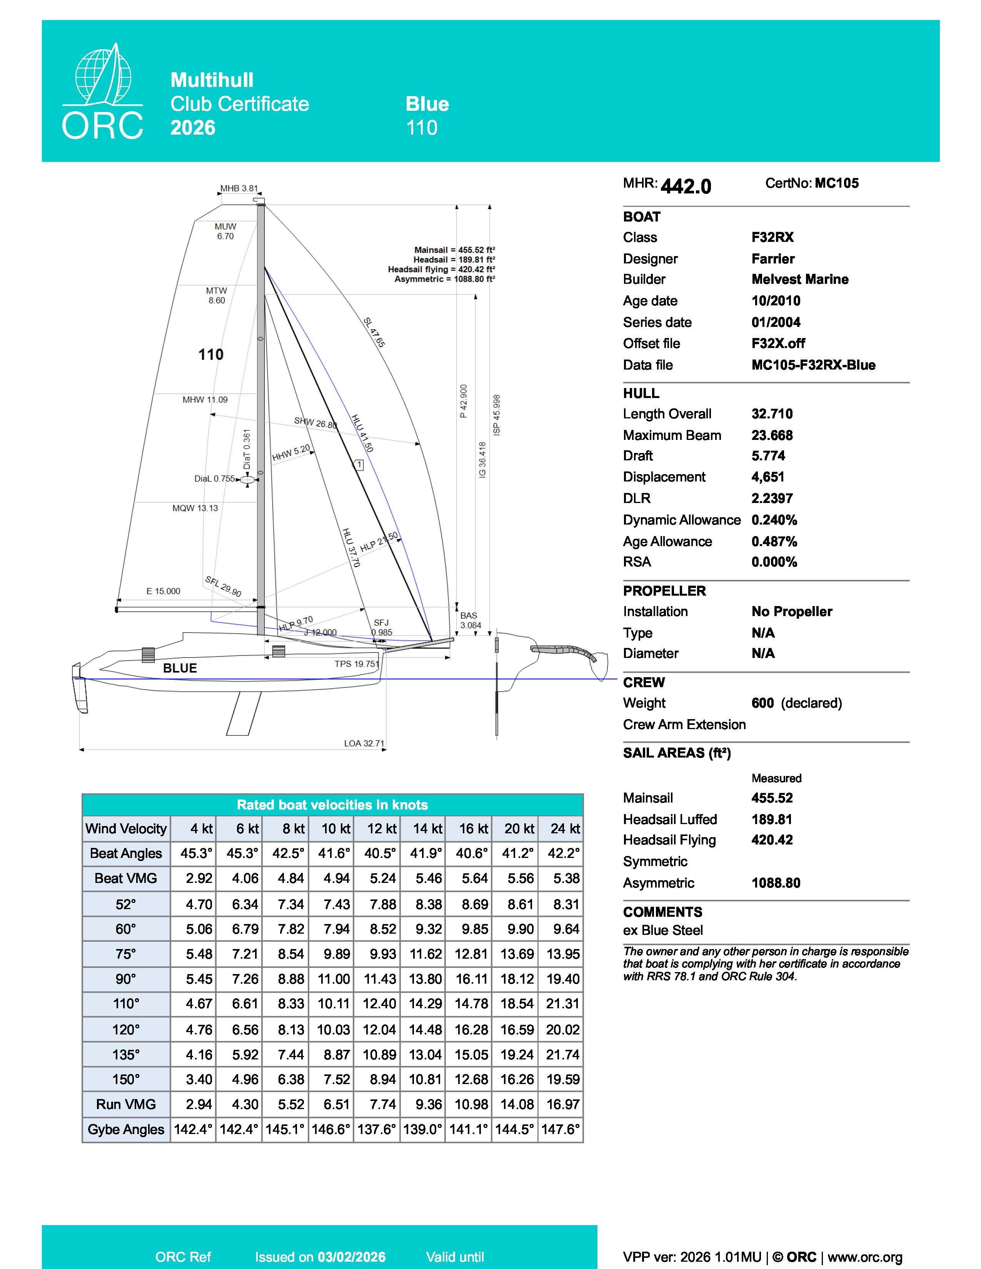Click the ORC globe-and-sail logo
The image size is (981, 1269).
(x=103, y=93)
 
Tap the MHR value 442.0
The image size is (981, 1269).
(x=686, y=186)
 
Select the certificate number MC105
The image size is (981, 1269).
(x=836, y=183)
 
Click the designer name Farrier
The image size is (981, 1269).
(x=773, y=258)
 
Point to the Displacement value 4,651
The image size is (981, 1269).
(x=768, y=477)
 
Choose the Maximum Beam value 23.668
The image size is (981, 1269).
(x=772, y=435)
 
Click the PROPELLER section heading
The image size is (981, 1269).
(x=664, y=591)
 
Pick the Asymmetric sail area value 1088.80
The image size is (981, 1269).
(x=776, y=883)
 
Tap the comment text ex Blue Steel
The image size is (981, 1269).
(x=662, y=930)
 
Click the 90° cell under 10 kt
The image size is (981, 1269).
(x=334, y=979)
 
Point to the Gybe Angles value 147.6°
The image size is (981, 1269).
(x=560, y=1129)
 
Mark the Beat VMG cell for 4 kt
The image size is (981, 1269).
(x=199, y=879)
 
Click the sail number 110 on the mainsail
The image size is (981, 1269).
(x=210, y=355)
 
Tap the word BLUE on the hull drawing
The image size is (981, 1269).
(x=180, y=668)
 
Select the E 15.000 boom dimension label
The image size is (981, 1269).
(x=163, y=591)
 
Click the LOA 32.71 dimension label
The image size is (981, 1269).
(x=364, y=743)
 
